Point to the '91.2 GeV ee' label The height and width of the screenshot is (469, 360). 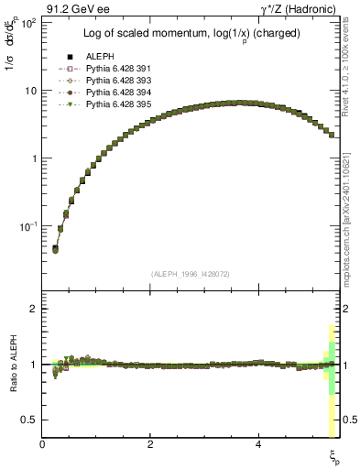click(70, 7)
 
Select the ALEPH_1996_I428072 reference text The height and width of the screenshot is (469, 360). click(191, 273)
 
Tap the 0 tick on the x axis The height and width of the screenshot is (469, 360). click(43, 444)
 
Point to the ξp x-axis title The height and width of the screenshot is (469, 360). click(334, 455)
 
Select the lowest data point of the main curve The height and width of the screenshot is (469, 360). click(55, 248)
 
